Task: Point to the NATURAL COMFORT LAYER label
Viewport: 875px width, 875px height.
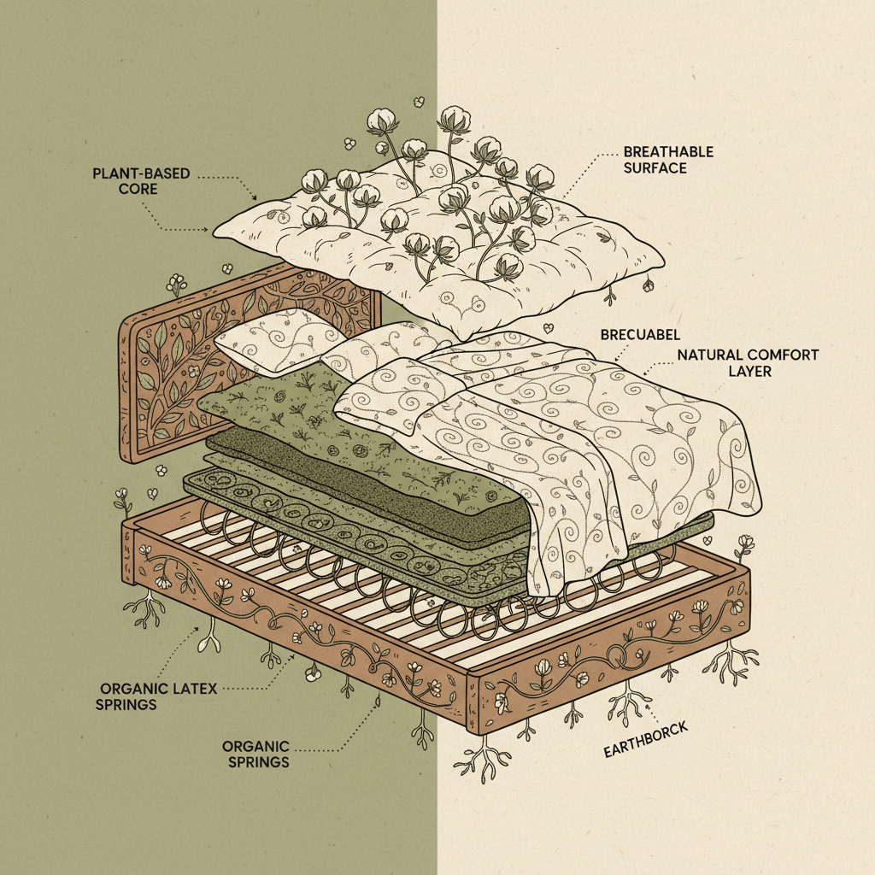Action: tap(748, 362)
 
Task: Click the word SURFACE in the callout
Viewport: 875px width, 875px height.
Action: tap(655, 168)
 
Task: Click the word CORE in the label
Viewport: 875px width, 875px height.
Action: tap(138, 189)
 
